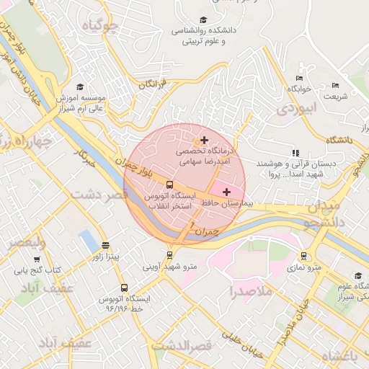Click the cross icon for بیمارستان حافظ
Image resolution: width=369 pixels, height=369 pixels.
228,192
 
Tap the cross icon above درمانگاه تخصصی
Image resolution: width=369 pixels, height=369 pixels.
205,140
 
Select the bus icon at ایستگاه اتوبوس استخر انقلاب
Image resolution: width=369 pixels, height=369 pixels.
169,184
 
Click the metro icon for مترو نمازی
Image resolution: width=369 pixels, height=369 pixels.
303,256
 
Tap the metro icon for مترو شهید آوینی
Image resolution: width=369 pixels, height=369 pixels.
169,254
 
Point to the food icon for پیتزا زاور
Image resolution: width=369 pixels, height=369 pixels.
106,245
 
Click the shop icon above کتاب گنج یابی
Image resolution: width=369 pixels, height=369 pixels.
37,259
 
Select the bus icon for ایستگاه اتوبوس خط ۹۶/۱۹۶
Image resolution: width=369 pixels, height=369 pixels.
124,288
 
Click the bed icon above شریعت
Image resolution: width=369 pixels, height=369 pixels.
335,85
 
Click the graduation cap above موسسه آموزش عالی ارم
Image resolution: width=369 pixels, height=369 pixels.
79,86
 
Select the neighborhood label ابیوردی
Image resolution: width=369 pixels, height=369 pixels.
296,108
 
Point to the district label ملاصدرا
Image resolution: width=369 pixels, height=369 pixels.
251,292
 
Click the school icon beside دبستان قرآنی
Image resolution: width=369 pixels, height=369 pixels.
295,153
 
